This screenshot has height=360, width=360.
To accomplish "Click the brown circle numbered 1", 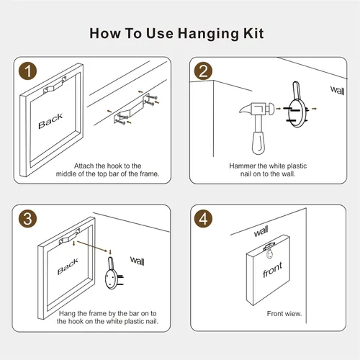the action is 28,71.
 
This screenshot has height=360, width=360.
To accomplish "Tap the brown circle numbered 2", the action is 203,71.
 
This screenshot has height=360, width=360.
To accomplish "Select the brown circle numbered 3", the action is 28,219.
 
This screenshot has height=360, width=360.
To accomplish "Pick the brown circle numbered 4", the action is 203,219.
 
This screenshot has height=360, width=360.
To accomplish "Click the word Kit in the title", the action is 253,33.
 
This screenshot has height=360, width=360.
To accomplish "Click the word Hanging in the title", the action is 208,34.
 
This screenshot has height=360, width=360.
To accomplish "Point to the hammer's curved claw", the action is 246,109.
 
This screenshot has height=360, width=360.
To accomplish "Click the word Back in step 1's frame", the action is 50,121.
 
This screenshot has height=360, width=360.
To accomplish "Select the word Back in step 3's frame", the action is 68,266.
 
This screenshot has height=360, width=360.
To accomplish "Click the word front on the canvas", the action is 272,270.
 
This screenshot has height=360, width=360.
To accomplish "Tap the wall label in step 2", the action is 338,90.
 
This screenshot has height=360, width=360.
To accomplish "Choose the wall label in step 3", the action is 138,261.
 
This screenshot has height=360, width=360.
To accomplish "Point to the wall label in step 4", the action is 261,231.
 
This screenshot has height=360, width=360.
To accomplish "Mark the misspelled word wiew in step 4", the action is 294,314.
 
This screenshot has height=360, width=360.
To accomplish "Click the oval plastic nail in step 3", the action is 111,279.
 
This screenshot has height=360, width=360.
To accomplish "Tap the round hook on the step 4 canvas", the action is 270,254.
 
